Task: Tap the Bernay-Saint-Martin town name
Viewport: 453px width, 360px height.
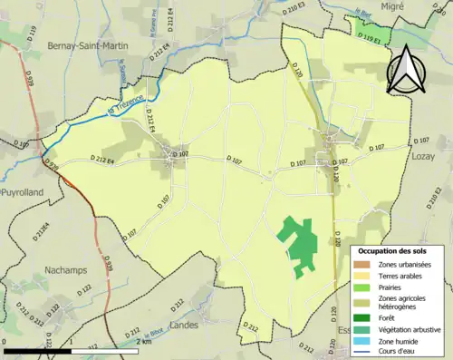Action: [62, 45]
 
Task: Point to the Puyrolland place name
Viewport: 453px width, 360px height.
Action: [19, 194]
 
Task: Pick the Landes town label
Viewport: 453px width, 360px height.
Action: [183, 324]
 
